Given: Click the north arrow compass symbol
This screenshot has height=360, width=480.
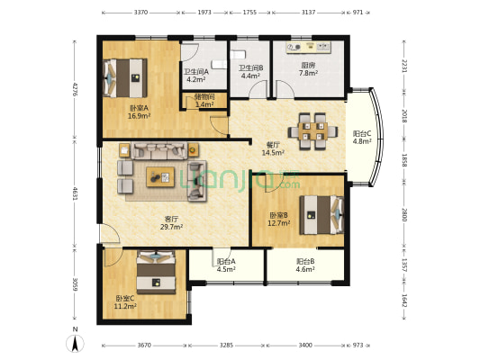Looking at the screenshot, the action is click(x=75, y=343).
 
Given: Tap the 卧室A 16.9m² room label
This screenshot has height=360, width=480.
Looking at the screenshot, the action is click(x=139, y=112).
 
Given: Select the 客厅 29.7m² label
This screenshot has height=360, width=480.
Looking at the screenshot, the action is click(x=171, y=223).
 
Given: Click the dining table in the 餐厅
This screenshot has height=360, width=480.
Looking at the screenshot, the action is click(x=312, y=131).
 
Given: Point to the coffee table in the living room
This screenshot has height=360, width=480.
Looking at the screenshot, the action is click(x=160, y=176).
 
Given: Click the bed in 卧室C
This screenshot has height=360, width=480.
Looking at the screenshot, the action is click(x=156, y=272).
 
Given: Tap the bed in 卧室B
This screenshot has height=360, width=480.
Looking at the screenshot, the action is click(x=322, y=215).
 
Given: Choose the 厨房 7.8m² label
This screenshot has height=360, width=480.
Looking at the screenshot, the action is click(x=308, y=68).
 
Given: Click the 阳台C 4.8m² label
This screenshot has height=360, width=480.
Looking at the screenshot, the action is click(x=362, y=138).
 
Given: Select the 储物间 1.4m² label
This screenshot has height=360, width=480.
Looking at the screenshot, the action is click(x=204, y=101).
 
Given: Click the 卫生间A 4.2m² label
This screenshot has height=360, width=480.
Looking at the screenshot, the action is click(x=196, y=76).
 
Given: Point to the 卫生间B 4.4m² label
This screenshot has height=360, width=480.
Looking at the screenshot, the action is click(x=250, y=72).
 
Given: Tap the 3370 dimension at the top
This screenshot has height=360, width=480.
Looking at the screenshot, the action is click(x=140, y=13).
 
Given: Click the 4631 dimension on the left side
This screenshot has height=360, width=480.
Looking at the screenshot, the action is click(x=75, y=193).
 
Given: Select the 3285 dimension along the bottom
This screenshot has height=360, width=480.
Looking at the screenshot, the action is click(x=226, y=345).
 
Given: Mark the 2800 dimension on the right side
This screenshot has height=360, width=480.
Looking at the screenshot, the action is click(x=404, y=215).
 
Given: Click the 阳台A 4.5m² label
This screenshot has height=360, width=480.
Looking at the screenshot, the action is click(x=226, y=265).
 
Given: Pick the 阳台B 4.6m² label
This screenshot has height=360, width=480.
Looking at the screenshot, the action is click(x=305, y=265).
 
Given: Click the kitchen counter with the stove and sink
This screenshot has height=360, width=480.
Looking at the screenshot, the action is click(x=309, y=48).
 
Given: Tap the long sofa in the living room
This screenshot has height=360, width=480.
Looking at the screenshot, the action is click(x=159, y=150).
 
